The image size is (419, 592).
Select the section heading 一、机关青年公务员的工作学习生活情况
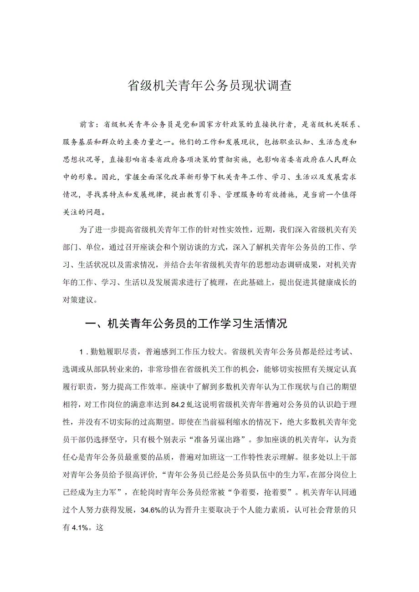point(186,324)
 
